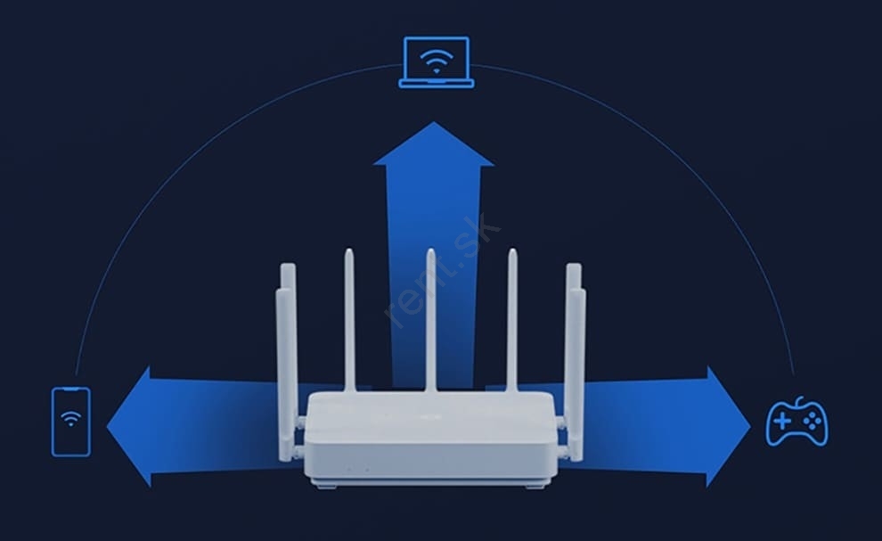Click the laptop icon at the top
click(x=436, y=62)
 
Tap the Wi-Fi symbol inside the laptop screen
click(x=436, y=61)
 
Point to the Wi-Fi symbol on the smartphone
click(x=71, y=418)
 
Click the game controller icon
click(x=797, y=422)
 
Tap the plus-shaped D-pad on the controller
click(x=782, y=421)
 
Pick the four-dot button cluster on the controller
click(x=811, y=421)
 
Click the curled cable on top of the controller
click(x=800, y=401)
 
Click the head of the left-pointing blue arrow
click(x=129, y=427)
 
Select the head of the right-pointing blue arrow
click(x=728, y=427)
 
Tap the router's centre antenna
click(x=430, y=320)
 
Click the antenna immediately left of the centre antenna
click(x=349, y=320)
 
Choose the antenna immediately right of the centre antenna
click(x=512, y=320)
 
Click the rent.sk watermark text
click(x=443, y=270)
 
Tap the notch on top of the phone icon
click(x=71, y=389)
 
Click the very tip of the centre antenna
click(x=431, y=250)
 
